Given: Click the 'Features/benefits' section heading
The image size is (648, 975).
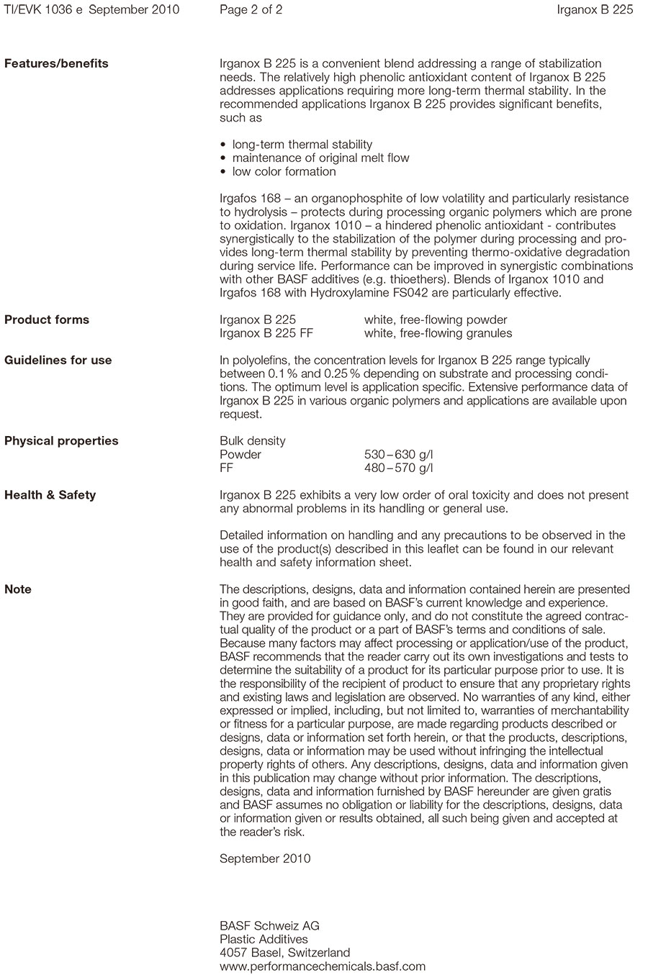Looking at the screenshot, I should click(56, 63).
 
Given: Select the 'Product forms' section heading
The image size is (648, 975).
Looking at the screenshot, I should click(47, 319).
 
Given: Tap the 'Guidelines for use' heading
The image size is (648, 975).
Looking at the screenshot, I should click(58, 360).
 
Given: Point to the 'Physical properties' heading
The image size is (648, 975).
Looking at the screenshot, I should click(61, 440).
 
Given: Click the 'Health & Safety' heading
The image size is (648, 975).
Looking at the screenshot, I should click(50, 494).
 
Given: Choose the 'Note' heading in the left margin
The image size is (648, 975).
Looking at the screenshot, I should click(18, 589).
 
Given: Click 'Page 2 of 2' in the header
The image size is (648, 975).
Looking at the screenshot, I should click(251, 9).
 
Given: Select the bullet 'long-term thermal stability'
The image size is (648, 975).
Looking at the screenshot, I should click(302, 145).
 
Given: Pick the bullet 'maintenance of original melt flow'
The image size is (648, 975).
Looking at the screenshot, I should click(320, 158).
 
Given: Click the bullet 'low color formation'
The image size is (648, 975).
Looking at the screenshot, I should click(284, 171).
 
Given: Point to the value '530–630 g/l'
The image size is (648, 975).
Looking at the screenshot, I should click(399, 454).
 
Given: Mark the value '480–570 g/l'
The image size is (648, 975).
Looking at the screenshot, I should click(399, 468).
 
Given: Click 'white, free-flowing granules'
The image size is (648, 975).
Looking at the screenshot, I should click(438, 333).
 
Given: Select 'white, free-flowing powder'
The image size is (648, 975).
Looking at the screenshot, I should click(436, 319).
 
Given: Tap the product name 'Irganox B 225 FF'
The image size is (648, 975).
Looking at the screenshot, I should click(266, 333).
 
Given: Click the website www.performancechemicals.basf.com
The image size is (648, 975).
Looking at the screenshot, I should click(323, 966).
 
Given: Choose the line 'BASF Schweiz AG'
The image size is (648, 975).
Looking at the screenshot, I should click(269, 925).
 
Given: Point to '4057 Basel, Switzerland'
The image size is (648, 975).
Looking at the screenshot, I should click(285, 953).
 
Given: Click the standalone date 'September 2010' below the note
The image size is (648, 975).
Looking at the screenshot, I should click(265, 858).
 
